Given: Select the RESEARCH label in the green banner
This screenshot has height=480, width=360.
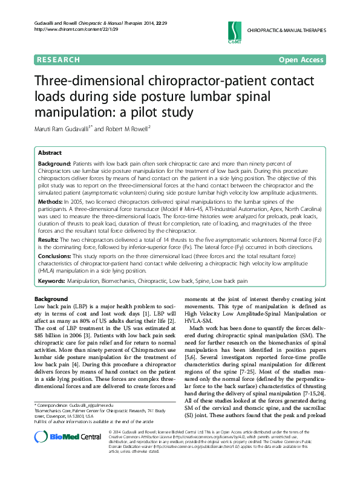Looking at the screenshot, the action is (58, 60).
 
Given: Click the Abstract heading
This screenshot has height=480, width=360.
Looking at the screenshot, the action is (50, 153).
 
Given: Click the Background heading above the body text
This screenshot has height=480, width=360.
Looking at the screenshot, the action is (51, 299).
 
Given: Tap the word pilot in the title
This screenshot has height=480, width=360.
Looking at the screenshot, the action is (139, 112).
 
